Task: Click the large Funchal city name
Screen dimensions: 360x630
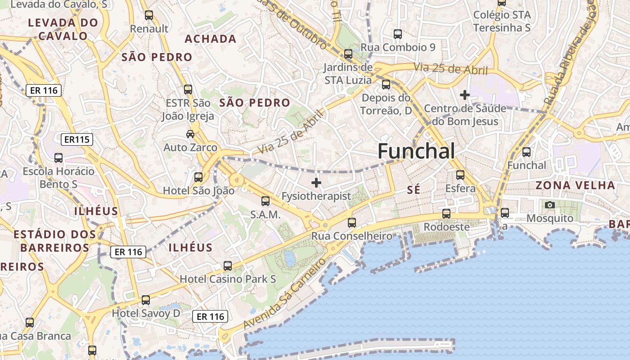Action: point(416,151)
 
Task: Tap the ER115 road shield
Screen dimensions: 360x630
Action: point(77,139)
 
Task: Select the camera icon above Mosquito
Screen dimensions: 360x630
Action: point(549,205)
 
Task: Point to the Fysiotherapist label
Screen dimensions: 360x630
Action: point(316,196)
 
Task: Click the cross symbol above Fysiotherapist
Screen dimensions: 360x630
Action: point(316,183)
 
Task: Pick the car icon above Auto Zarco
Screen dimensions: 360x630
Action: point(190,134)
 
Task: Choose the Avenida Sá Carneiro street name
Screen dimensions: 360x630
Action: point(284,293)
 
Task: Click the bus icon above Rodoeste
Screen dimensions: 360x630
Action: point(446,213)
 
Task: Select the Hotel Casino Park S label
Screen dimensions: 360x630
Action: point(228,279)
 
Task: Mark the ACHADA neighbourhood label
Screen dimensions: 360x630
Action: point(211,39)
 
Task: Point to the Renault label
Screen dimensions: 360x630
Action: point(149,29)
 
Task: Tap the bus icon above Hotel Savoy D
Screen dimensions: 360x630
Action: point(146,300)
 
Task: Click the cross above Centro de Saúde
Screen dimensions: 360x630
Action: point(465,95)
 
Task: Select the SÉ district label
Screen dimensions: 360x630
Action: point(414,190)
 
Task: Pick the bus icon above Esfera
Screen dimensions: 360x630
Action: point(460,175)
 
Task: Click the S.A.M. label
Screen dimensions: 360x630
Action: point(265,215)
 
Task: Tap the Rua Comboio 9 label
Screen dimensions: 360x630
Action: point(398,47)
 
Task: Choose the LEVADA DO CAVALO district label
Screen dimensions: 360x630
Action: point(63,29)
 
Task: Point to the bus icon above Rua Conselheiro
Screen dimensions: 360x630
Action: point(352,222)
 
